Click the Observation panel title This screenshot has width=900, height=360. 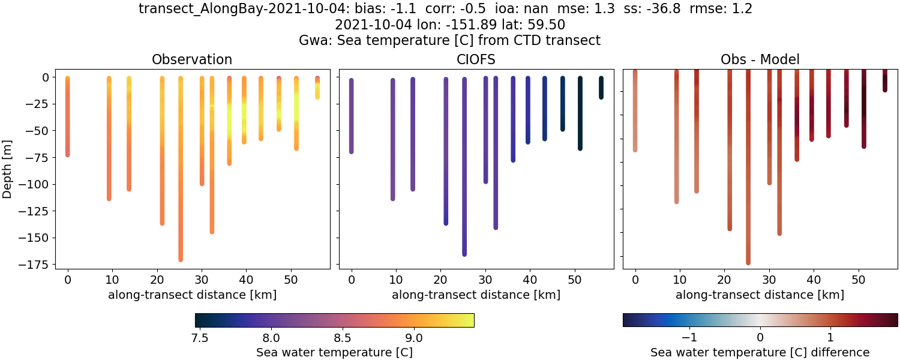point(192,59)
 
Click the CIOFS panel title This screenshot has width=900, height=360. point(476,59)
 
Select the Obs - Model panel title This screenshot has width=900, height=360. point(760,59)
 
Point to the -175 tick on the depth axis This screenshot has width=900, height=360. point(36,264)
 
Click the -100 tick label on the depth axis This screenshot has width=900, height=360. point(36,184)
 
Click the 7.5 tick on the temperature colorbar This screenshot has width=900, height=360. point(199,338)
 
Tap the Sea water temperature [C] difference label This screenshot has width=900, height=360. point(760,352)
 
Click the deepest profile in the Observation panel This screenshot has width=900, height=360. point(181,180)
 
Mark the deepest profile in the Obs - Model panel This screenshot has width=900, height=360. point(748,180)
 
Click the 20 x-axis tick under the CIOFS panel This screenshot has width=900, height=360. point(441,280)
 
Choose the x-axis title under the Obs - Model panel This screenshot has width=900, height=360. point(760,295)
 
